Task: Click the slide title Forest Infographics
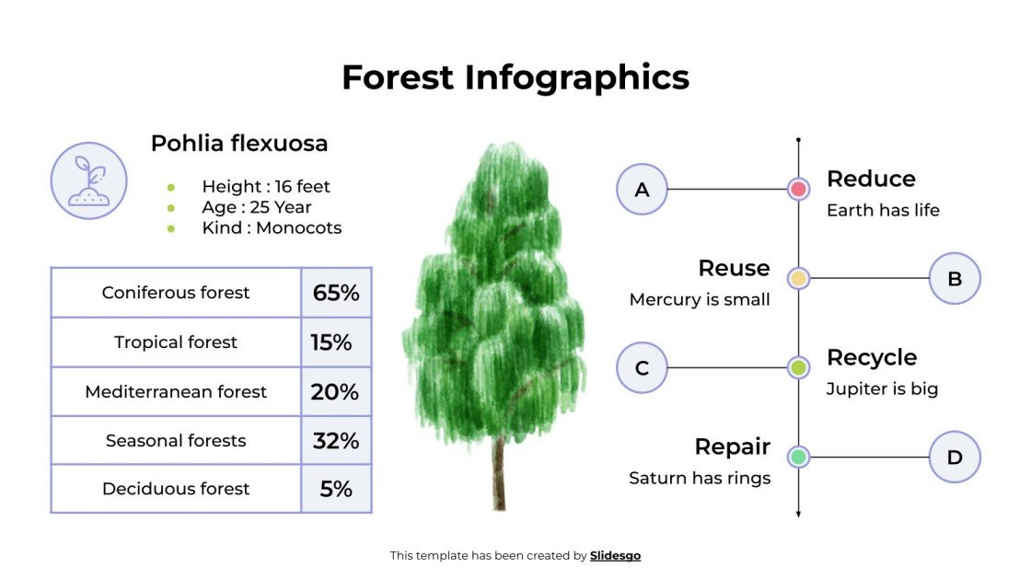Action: point(515,77)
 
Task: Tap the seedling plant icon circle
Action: point(88,180)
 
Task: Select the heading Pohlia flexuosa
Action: point(239,144)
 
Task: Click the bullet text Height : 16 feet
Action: point(265,187)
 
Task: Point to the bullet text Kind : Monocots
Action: point(272,228)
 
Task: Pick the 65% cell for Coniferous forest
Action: point(336,293)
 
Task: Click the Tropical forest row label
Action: point(176,342)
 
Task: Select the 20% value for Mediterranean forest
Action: point(334,392)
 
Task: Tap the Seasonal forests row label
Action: point(176,441)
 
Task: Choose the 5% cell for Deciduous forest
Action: point(336,489)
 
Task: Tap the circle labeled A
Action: point(642,190)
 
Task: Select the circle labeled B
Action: point(955,278)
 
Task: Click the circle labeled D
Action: point(955,458)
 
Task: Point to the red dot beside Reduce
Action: point(798,190)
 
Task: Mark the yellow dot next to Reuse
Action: point(798,278)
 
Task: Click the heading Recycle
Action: point(871,357)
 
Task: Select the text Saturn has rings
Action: point(700,479)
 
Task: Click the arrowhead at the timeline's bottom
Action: point(798,514)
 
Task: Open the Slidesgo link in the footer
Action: point(615,556)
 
